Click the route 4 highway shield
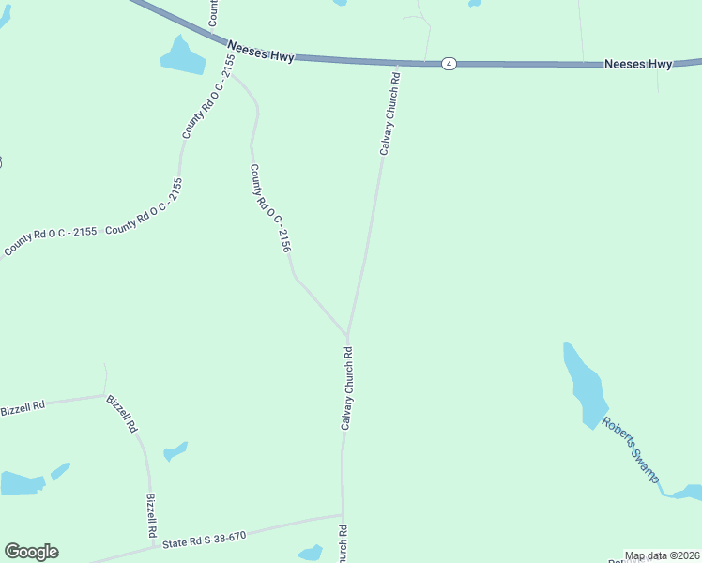coord(450,64)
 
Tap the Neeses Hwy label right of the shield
coord(638,64)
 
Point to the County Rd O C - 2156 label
coord(269,208)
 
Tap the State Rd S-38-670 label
coord(204,540)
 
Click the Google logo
coord(31,552)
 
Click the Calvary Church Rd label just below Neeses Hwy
coord(389,115)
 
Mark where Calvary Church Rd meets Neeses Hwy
coord(397,64)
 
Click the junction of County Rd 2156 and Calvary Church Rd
coord(348,335)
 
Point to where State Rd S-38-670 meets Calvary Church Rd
coord(343,514)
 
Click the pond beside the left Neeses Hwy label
coord(183,56)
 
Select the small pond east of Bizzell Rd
coord(175,451)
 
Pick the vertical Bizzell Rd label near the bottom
coord(151,516)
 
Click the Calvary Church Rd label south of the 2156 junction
coord(347,389)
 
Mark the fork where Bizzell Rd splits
coord(105,395)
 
